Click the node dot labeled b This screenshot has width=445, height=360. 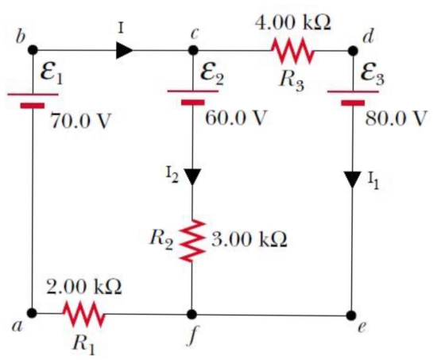click(x=33, y=50)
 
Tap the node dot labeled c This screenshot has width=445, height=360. click(x=193, y=50)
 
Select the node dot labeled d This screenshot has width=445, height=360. click(x=353, y=51)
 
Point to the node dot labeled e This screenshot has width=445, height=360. click(x=351, y=315)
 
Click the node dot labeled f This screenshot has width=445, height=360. click(x=192, y=314)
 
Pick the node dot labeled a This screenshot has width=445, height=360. click(x=32, y=313)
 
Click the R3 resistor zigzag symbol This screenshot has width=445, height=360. click(x=293, y=51)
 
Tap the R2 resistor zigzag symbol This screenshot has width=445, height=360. click(x=192, y=240)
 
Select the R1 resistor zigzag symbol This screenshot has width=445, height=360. click(x=83, y=314)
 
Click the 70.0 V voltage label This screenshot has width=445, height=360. click(x=80, y=121)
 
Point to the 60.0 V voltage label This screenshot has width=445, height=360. click(x=235, y=118)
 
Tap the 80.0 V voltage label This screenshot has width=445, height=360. click(x=396, y=118)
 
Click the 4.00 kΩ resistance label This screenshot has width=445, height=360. click(x=293, y=23)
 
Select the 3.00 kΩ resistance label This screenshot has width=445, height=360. click(x=250, y=239)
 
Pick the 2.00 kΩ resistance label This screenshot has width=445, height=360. click(x=84, y=287)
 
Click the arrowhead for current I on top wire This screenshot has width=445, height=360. click(x=124, y=51)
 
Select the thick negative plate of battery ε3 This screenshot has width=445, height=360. click(x=353, y=103)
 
